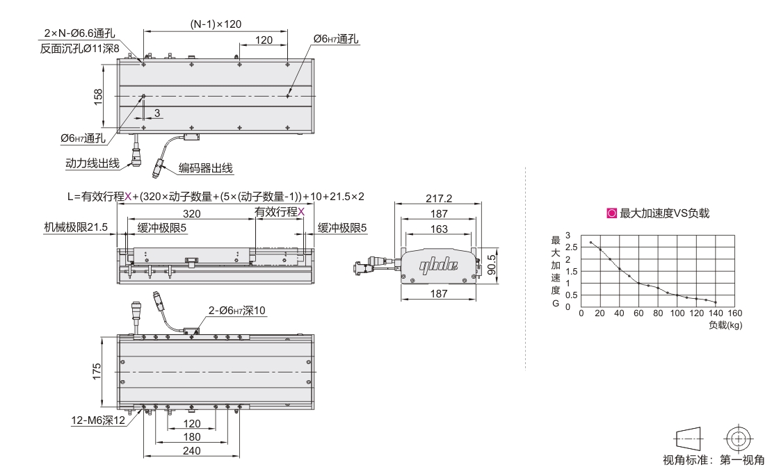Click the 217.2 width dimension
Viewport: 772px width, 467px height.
(x=438, y=198)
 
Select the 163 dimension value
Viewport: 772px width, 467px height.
(x=438, y=229)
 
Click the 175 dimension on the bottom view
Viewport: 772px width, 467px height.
(x=97, y=371)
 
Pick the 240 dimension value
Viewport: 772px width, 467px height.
(x=191, y=451)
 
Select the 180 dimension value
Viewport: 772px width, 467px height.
(x=191, y=437)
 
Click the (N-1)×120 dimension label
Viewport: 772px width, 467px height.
(x=216, y=24)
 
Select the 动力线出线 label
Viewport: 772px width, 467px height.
(x=92, y=163)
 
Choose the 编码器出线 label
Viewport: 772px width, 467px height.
(x=206, y=167)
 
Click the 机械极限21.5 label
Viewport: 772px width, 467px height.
(x=75, y=227)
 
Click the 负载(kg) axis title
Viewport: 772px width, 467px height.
(x=725, y=324)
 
